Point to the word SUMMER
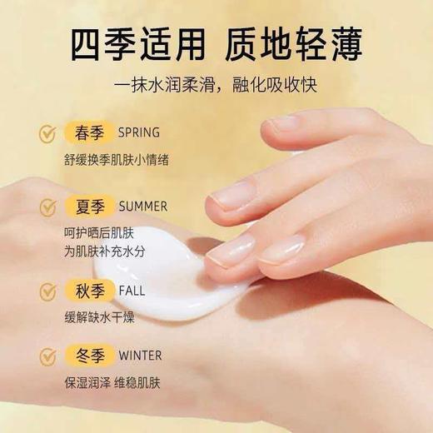pyautogui.click(x=142, y=206)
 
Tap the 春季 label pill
pyautogui.click(x=88, y=132)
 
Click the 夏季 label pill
pyautogui.click(x=88, y=206)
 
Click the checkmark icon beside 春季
pyautogui.click(x=47, y=132)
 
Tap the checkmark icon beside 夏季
pyautogui.click(x=47, y=206)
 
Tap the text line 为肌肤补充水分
pyautogui.click(x=96, y=249)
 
